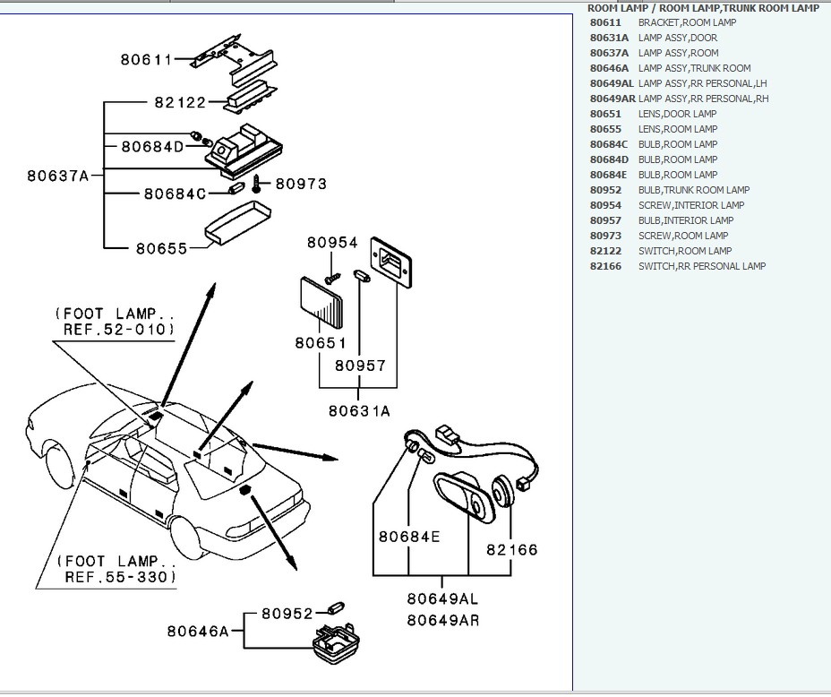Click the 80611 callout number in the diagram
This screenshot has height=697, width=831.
pyautogui.click(x=146, y=60)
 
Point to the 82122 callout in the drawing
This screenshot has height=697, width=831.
pyautogui.click(x=180, y=103)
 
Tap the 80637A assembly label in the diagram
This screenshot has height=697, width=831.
pyautogui.click(x=58, y=176)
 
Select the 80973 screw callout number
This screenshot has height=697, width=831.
pyautogui.click(x=301, y=184)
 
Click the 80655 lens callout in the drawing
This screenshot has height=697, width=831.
pyautogui.click(x=162, y=248)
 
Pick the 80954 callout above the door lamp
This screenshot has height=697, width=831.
pyautogui.click(x=332, y=243)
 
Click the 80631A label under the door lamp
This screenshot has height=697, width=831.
pyautogui.click(x=359, y=411)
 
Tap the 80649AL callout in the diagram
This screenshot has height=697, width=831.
pyautogui.click(x=442, y=598)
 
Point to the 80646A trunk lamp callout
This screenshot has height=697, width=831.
pyautogui.click(x=198, y=631)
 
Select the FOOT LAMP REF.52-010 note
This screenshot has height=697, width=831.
pyautogui.click(x=115, y=322)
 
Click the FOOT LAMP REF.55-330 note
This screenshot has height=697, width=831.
pyautogui.click(x=116, y=569)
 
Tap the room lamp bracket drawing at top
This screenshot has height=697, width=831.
pyautogui.click(x=234, y=56)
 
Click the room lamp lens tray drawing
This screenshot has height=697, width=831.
pyautogui.click(x=236, y=221)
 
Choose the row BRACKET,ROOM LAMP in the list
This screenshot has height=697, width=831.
pyautogui.click(x=687, y=22)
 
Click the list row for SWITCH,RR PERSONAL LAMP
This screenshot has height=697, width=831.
pyautogui.click(x=701, y=266)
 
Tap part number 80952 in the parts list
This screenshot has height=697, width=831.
pyautogui.click(x=605, y=190)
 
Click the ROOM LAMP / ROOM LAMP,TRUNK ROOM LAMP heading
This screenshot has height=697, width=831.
pyautogui.click(x=703, y=8)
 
